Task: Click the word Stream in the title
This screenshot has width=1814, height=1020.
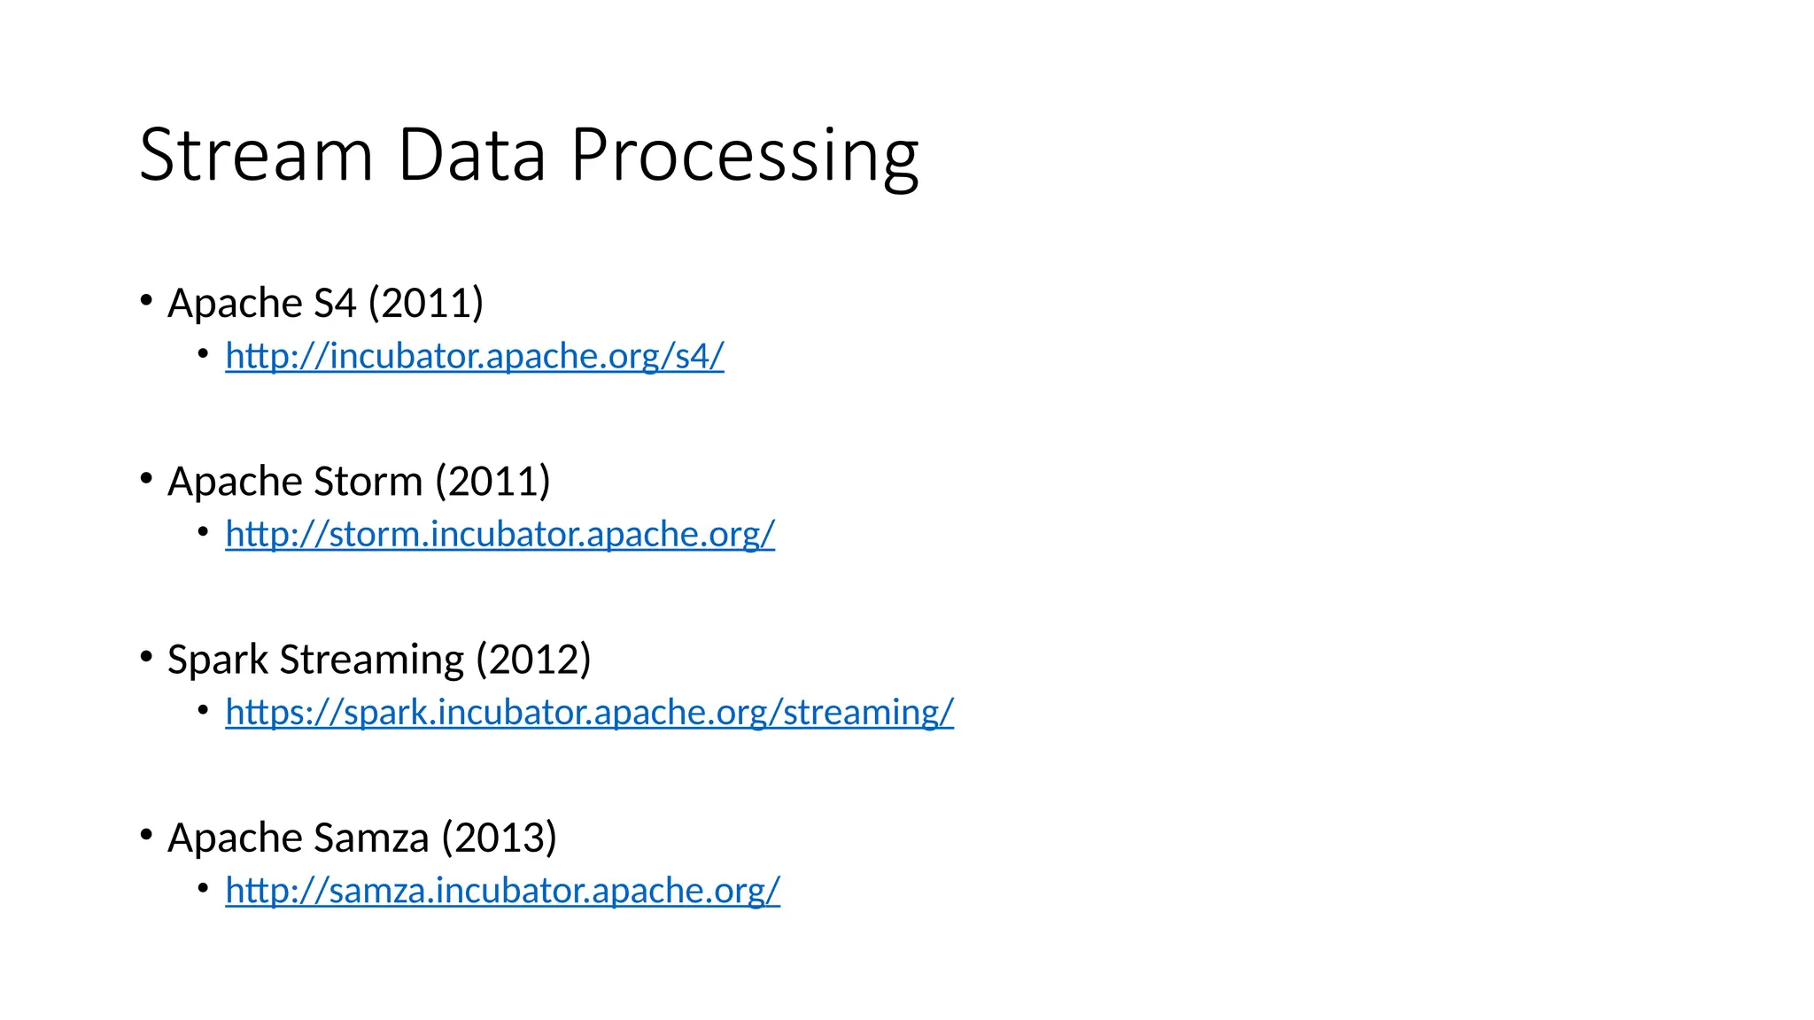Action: (256, 155)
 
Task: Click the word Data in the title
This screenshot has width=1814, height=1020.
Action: (471, 155)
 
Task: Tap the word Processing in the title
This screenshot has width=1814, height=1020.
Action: (744, 157)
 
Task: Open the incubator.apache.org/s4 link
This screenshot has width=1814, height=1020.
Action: (475, 356)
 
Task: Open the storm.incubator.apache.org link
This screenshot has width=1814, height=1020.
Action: (500, 534)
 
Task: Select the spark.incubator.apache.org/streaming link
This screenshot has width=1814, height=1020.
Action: (590, 712)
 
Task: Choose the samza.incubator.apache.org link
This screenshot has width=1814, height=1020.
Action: (503, 890)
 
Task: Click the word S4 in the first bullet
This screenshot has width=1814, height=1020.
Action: (335, 303)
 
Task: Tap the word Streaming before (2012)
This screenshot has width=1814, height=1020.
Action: (372, 661)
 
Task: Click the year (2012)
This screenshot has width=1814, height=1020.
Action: (533, 660)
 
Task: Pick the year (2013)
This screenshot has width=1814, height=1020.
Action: (500, 838)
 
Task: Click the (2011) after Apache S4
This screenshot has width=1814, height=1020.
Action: (426, 303)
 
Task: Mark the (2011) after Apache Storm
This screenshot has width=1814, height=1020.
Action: (492, 482)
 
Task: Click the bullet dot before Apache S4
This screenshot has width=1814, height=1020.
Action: (147, 300)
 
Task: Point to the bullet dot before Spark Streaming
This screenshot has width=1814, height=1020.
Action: (147, 657)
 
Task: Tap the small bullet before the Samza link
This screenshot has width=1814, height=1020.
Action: (204, 887)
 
